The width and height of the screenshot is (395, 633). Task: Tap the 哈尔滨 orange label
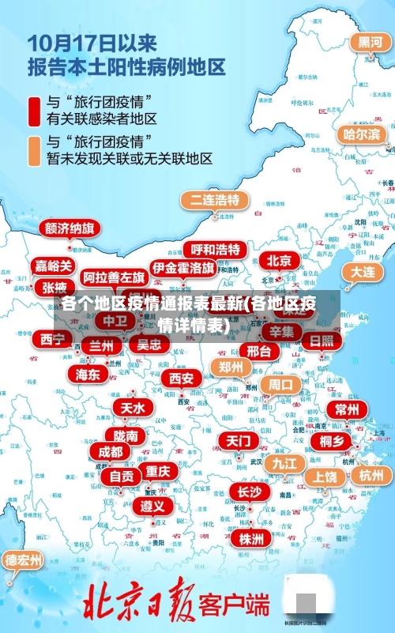pos(361,134)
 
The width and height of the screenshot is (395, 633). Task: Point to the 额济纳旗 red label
pos(70,229)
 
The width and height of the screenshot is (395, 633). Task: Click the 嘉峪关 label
pos(54,266)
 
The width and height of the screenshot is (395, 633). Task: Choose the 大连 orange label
pos(363,271)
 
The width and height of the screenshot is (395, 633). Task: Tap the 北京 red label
pos(279,261)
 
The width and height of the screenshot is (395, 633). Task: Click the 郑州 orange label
pos(231,367)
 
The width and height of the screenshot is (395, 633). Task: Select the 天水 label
pos(132,408)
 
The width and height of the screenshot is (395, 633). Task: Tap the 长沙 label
pos(249,492)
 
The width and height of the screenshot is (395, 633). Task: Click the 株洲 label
pos(251,539)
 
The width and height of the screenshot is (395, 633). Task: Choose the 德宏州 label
pos(24,560)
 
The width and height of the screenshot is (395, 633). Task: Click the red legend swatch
pos(35,111)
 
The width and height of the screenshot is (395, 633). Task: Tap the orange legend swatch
pos(35,150)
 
